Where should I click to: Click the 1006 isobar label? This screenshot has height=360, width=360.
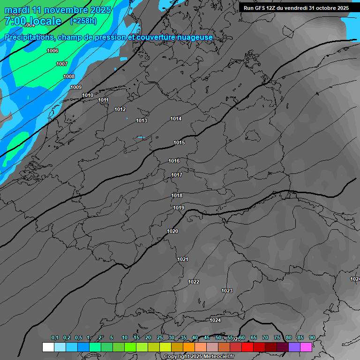pos(52,51)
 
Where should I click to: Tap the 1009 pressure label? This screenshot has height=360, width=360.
pos(76,87)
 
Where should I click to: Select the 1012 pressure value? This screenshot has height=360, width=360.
pos(120,109)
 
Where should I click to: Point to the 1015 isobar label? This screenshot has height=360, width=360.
pos(179,142)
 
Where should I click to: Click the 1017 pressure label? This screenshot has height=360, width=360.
pos(177,175)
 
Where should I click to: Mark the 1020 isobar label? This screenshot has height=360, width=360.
pos(172,231)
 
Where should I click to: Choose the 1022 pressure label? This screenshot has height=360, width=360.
pos(194,282)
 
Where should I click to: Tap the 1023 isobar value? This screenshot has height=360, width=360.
pos(227,291)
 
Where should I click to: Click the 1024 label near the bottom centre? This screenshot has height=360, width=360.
pos(215,320)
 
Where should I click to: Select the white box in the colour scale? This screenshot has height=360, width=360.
pos(48,347)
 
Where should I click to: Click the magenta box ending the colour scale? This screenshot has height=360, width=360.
pos(306,347)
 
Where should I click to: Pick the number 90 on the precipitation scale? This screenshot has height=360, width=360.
pos(312,337)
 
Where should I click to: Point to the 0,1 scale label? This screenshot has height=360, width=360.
pos(55,337)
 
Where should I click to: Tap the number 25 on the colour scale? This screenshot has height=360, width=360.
pos(160,337)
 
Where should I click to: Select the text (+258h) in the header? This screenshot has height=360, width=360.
pos(83,21)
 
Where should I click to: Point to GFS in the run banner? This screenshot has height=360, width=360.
pos(261,8)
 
